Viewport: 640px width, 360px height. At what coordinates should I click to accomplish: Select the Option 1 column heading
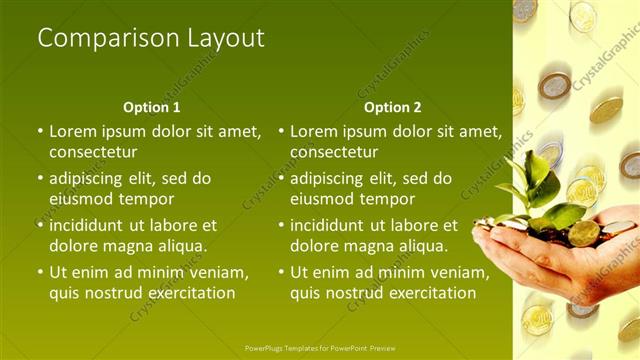click(x=152, y=107)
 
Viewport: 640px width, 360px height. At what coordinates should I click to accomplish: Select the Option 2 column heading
click(x=393, y=107)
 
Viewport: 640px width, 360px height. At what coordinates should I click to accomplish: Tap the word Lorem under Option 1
click(x=73, y=131)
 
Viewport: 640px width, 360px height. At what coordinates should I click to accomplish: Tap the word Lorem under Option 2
click(x=314, y=131)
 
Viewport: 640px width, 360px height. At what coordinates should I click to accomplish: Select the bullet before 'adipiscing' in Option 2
click(x=282, y=178)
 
